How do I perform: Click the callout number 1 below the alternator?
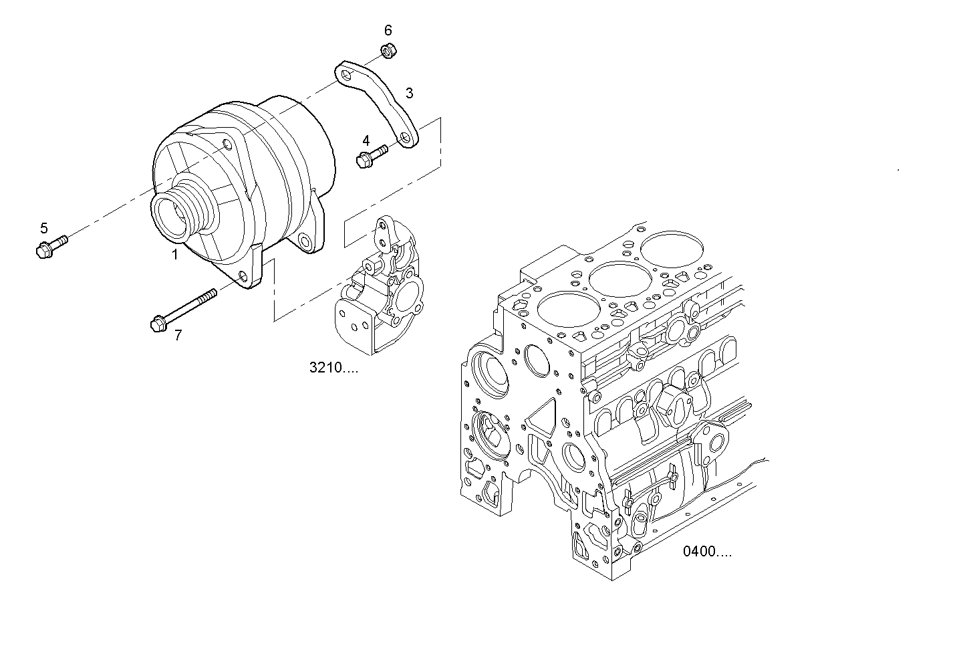pos(175,254)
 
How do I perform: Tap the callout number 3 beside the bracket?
pos(409,93)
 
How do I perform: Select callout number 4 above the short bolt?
pos(366,140)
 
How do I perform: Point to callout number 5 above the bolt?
pos(44,227)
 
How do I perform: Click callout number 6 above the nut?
pos(388,30)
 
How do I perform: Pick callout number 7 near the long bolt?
pos(178,335)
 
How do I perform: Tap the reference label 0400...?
pos(707,552)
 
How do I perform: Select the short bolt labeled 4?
pos(371,156)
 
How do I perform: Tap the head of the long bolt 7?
pos(158,323)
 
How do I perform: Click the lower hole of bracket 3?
pos(405,138)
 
